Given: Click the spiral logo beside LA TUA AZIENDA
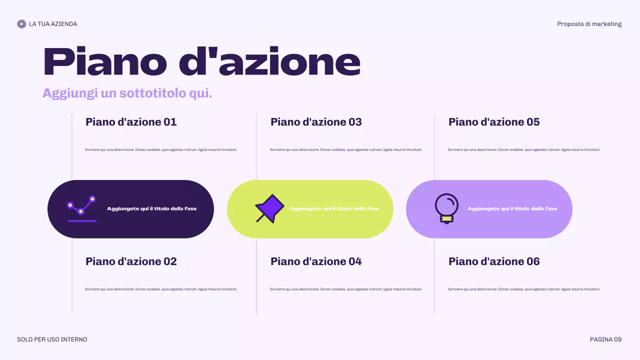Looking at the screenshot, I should [x=21, y=24].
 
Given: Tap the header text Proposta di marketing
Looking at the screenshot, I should [x=589, y=24].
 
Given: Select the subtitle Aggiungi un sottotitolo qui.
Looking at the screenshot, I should [x=127, y=93].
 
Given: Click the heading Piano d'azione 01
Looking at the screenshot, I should [x=131, y=122].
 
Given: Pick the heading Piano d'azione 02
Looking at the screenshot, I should [x=131, y=261].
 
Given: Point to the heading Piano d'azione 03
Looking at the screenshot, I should [x=316, y=122].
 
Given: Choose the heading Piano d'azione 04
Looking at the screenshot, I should [x=316, y=261].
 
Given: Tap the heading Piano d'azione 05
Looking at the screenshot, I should [x=494, y=122].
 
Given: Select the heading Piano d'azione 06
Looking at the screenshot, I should [x=494, y=261].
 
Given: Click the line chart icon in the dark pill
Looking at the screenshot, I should [x=81, y=208].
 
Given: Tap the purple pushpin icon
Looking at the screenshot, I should [x=269, y=208].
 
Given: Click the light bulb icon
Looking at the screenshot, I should [x=446, y=208].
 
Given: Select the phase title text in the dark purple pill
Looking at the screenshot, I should [x=152, y=208].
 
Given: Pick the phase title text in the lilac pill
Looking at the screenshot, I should [x=512, y=208].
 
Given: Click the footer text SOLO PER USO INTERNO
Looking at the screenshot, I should [x=52, y=339].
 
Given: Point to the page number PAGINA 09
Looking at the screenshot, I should [x=605, y=339].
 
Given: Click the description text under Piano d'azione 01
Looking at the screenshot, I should [x=161, y=149].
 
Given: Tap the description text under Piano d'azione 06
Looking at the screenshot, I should [x=524, y=289].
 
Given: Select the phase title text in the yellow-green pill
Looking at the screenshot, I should [x=334, y=208].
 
